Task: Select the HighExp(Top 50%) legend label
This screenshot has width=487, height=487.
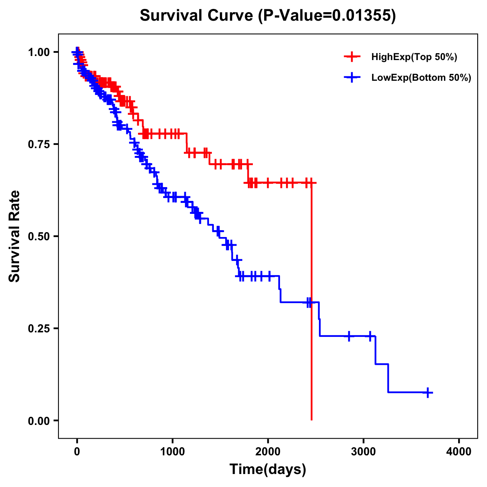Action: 414,57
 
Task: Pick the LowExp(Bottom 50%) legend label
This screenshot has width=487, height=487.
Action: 421,78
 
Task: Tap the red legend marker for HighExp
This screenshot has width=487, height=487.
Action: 352,57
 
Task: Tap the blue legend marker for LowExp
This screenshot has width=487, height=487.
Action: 352,77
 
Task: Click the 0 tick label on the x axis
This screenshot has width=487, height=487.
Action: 77,452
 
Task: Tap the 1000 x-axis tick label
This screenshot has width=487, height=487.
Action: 172,452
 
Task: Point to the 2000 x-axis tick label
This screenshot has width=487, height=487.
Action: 268,452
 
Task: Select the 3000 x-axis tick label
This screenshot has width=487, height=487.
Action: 364,452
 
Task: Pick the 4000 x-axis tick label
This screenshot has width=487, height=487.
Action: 459,452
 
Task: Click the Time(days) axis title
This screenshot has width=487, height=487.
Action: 267,470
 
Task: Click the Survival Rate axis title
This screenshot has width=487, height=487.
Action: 15,236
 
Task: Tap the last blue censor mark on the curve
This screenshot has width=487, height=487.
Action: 428,392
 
